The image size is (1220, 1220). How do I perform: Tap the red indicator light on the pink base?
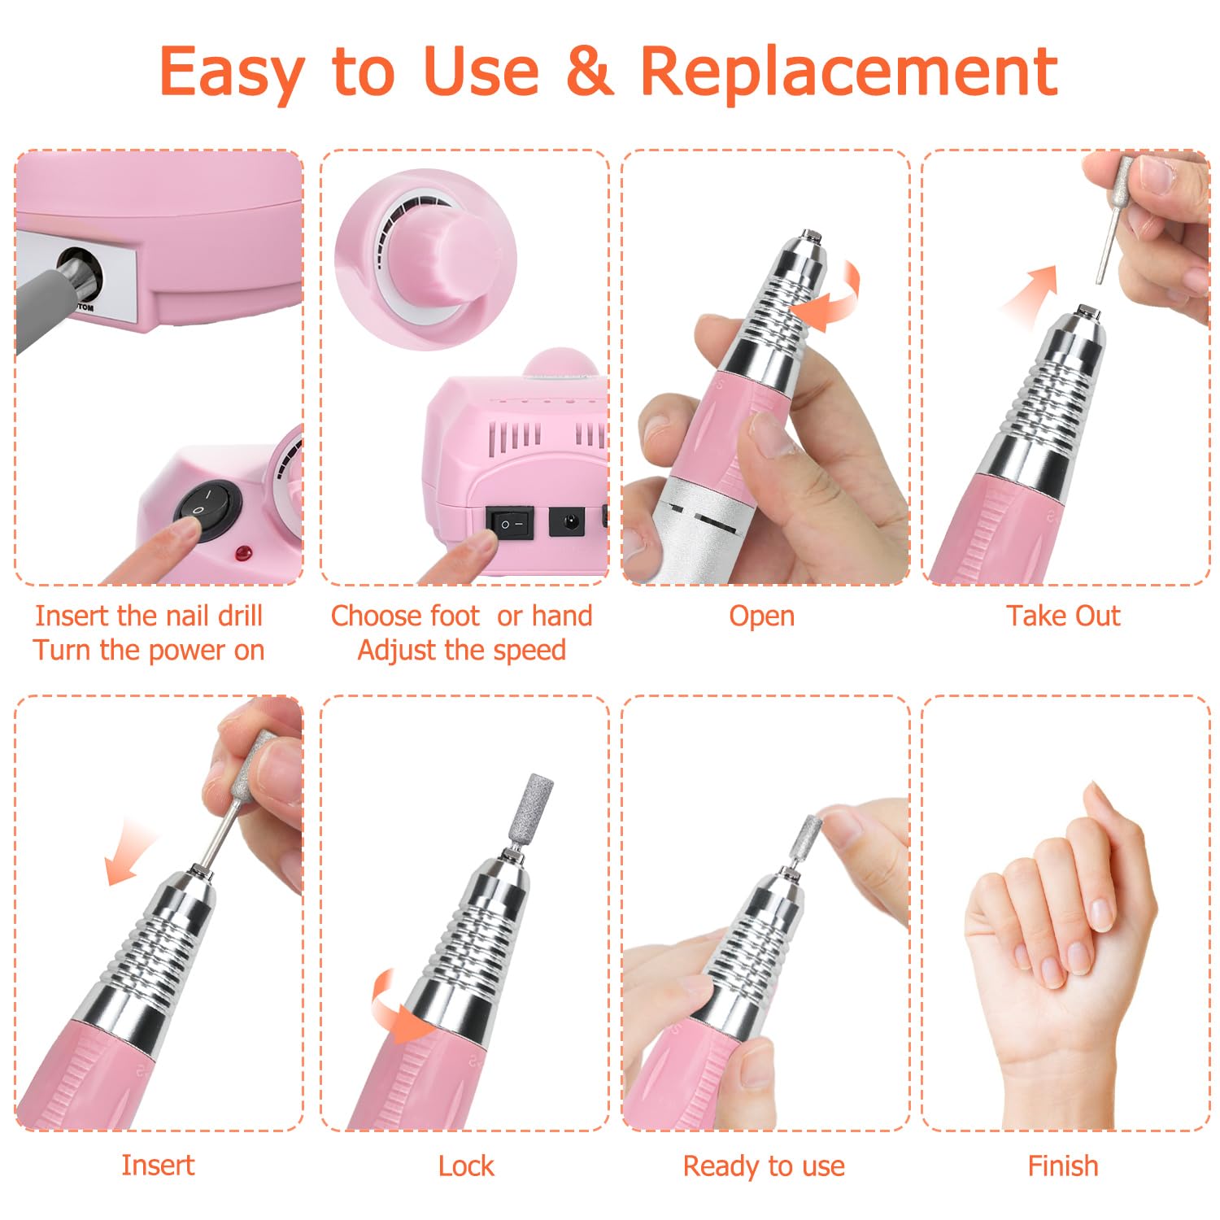click(x=242, y=555)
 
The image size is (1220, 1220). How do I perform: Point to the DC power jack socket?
click(x=567, y=521)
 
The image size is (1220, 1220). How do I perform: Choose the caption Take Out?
click(x=1063, y=616)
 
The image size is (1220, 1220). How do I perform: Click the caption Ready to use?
click(x=764, y=1166)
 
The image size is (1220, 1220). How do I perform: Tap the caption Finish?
click(x=1063, y=1166)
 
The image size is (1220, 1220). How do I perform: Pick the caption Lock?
click(x=466, y=1166)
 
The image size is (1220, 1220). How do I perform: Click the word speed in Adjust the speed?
click(x=526, y=651)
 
